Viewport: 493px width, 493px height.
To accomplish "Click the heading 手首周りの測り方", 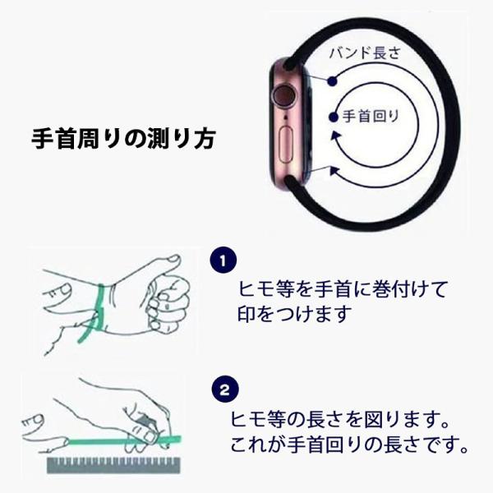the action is [123, 139].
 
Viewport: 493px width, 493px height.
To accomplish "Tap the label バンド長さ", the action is [365, 53].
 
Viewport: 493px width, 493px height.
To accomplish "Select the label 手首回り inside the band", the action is [371, 117].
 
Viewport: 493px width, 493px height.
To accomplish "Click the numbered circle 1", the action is [223, 260].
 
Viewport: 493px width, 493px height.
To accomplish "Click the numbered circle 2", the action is [225, 389].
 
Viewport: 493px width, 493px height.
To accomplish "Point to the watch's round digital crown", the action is [284, 95].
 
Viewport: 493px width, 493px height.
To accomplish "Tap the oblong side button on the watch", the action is [286, 145].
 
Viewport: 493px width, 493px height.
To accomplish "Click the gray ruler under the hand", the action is [114, 465].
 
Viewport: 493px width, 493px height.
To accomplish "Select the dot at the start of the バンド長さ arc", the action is [332, 81].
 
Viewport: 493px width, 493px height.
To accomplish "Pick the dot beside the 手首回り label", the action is [334, 117].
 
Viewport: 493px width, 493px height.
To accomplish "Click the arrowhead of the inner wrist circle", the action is [336, 136].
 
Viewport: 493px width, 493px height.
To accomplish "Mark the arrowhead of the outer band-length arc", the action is [334, 172].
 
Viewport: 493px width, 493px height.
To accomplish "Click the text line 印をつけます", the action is [294, 314].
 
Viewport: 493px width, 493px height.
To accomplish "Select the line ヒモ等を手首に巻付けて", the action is [343, 288].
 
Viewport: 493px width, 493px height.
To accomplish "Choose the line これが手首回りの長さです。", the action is [349, 445].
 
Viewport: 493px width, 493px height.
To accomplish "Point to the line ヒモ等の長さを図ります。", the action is [340, 419].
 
